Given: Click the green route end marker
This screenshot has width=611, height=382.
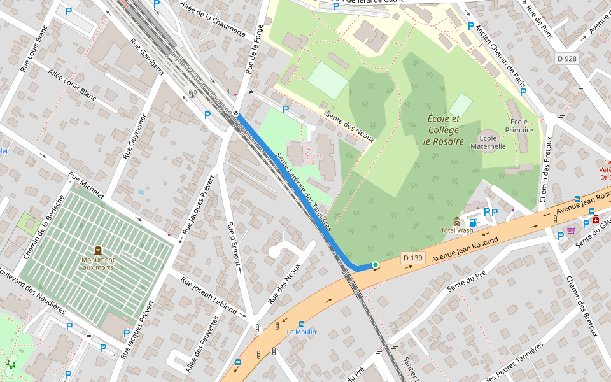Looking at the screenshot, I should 376,265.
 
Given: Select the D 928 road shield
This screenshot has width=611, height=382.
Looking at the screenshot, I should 566,59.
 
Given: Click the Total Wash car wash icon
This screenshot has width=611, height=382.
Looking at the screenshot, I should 456,222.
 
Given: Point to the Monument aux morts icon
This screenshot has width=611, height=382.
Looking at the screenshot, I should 98,251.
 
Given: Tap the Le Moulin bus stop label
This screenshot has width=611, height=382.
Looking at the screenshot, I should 301,332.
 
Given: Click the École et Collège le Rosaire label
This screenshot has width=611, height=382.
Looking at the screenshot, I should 444,130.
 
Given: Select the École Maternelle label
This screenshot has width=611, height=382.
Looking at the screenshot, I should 488,141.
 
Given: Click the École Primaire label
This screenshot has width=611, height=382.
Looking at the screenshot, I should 519,125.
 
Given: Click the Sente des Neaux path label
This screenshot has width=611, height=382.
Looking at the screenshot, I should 349,127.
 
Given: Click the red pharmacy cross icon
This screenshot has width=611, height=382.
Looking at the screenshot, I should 596,220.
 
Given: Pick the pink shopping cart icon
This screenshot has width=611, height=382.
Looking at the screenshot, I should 571,230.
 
